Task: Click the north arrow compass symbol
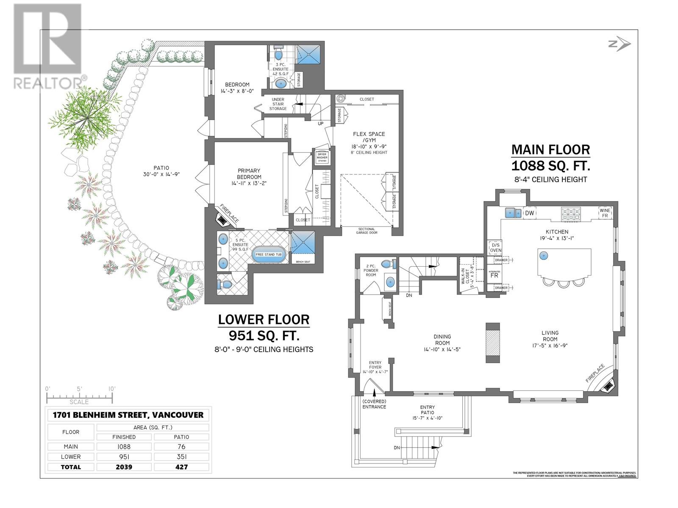[x=620, y=44]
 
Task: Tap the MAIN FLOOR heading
[x=550, y=149]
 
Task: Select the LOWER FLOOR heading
[x=264, y=320]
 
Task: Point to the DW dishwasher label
[x=529, y=213]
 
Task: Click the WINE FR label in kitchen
[x=605, y=213]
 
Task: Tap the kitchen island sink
[x=544, y=255]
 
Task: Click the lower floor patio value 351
[x=181, y=457]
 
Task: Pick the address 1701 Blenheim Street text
[x=128, y=415]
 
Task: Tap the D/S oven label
[x=495, y=248]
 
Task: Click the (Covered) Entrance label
[x=374, y=404]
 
